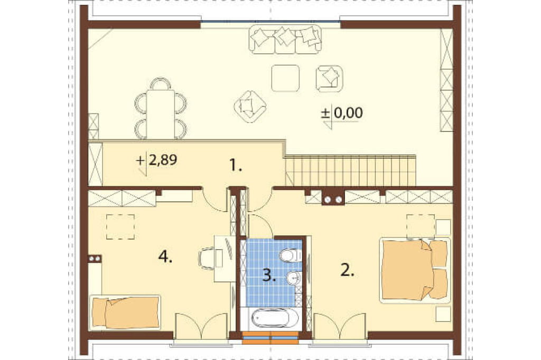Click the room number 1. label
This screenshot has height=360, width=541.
(236, 166)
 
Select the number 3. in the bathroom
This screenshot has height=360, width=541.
(269, 275)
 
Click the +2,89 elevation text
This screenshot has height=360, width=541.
(157, 160)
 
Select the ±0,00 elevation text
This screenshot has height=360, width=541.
(342, 113)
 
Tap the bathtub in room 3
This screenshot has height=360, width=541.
(270, 318)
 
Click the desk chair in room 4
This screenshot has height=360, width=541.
(207, 258)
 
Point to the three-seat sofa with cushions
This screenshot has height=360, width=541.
(285, 39)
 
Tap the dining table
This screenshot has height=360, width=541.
(161, 114)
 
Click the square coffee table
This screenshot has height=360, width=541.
(285, 78)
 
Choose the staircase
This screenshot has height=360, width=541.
(351, 171)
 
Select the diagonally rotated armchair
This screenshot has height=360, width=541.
(250, 107)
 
